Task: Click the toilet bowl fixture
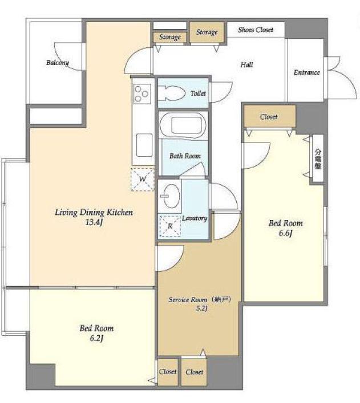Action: (x=171, y=93)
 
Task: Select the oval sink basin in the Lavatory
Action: (x=171, y=196)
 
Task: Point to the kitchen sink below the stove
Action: (x=144, y=145)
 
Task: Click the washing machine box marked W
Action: (x=142, y=179)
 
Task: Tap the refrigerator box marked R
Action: (x=170, y=226)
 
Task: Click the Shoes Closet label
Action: (x=256, y=30)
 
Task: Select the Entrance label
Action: (x=307, y=72)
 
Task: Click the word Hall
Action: (x=246, y=64)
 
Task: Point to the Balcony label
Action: (x=58, y=63)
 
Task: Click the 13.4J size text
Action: (x=94, y=222)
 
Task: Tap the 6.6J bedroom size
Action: (x=286, y=233)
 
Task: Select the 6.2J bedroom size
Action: (x=96, y=338)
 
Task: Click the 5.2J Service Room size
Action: (x=201, y=308)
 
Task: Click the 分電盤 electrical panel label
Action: (x=318, y=158)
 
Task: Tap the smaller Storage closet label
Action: (x=170, y=37)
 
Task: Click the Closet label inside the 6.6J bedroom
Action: (x=269, y=117)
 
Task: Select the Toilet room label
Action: (x=198, y=93)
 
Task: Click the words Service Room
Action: (x=188, y=300)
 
